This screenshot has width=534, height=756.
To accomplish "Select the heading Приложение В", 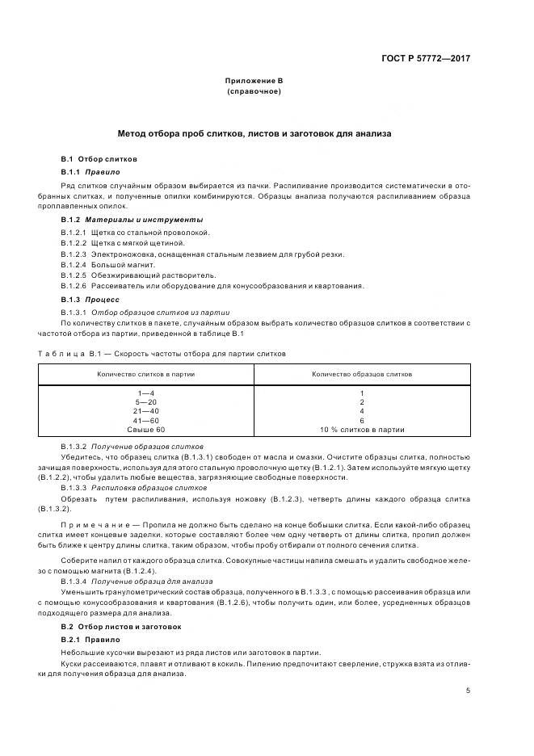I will click(254, 82).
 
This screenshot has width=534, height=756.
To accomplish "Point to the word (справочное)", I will click(254, 92).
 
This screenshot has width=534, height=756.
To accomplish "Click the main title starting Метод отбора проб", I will click(254, 133).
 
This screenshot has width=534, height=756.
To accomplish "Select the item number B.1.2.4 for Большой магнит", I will click(75, 264).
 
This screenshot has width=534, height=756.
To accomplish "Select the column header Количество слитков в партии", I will click(146, 375).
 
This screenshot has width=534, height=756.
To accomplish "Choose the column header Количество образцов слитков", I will click(362, 375).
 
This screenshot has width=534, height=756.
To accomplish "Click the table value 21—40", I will click(146, 411).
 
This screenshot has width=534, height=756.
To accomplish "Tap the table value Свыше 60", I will click(146, 430).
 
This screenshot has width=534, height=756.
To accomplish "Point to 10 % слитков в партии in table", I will click(362, 430).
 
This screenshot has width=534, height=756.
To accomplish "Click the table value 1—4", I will click(146, 393).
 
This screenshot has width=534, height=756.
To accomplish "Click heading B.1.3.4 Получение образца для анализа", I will click(137, 581).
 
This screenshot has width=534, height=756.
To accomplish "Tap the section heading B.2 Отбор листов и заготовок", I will click(121, 627).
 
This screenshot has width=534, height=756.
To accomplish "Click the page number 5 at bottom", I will click(469, 691).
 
